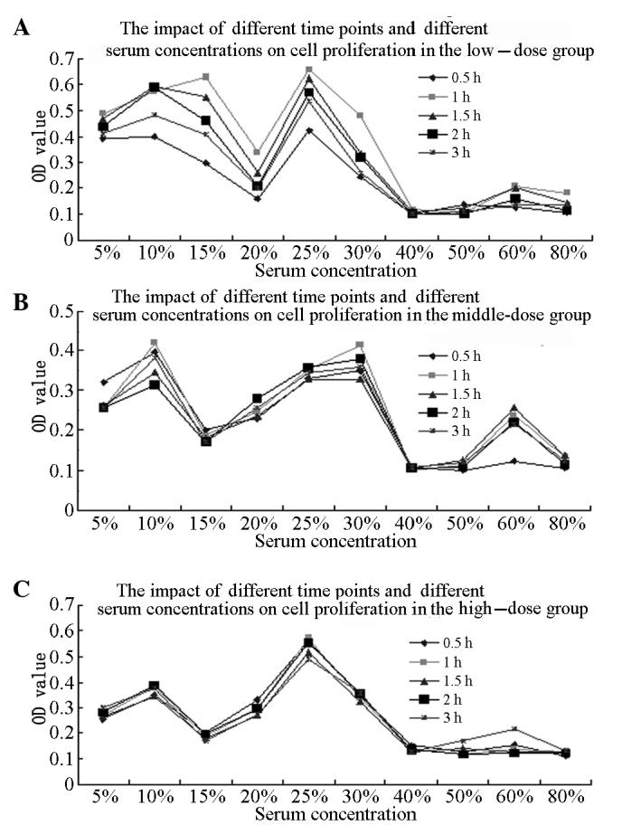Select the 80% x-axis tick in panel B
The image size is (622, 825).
[x=565, y=524]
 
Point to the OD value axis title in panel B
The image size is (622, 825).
[x=37, y=410]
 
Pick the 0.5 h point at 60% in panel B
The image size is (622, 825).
[x=514, y=461]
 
